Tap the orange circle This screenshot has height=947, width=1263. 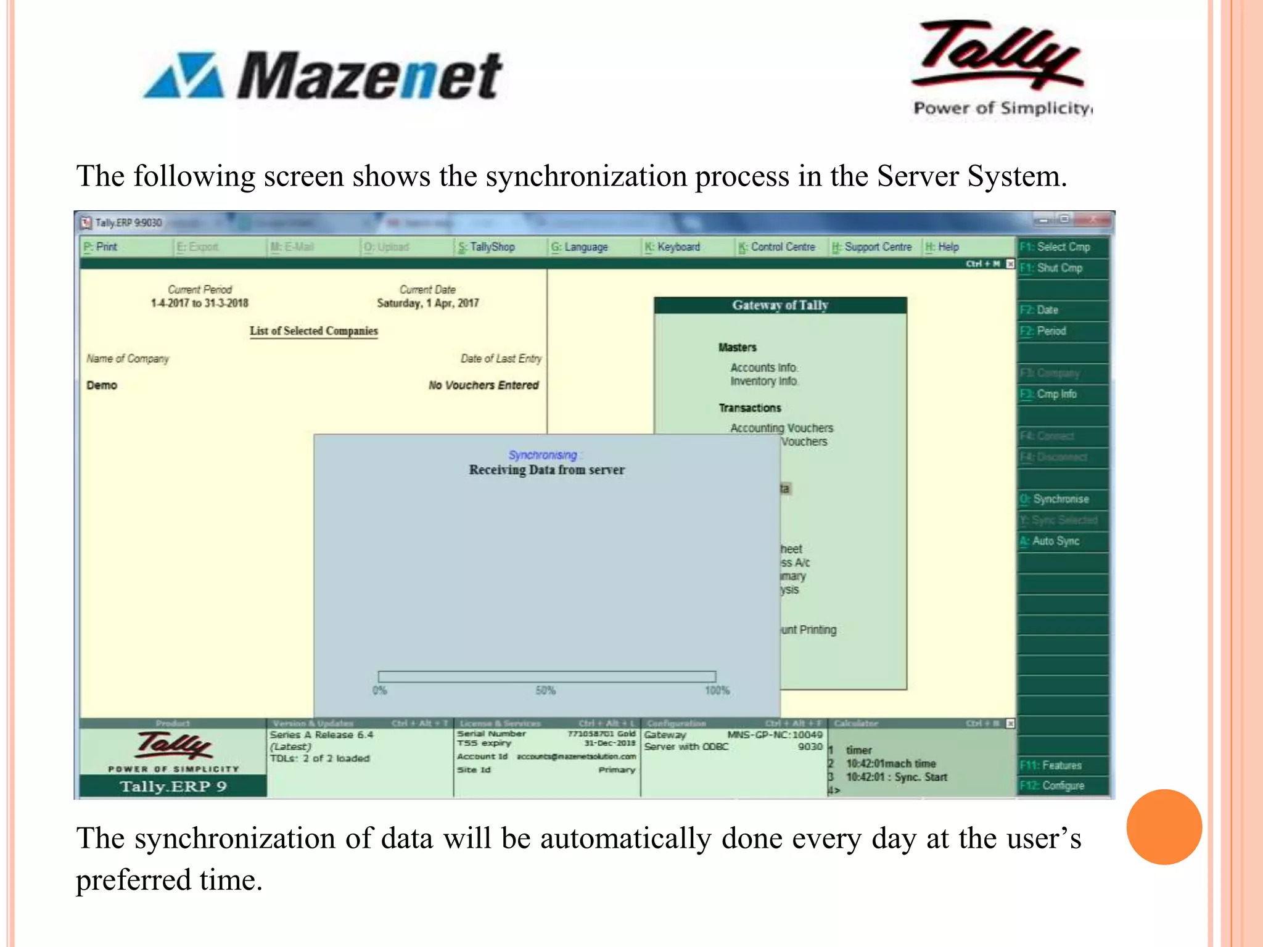tap(1164, 827)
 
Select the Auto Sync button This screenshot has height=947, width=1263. tap(1056, 541)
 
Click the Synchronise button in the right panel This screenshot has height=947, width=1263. tap(1061, 499)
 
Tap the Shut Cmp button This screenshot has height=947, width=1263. tap(1059, 268)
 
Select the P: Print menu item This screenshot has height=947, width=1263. tap(102, 247)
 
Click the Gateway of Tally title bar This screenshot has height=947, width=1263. tap(780, 305)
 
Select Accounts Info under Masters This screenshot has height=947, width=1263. tap(763, 368)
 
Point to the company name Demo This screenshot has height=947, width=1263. tap(102, 385)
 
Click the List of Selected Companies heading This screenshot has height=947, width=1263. tap(313, 331)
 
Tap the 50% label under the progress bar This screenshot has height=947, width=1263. tap(545, 691)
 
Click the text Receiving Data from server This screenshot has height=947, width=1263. tap(546, 470)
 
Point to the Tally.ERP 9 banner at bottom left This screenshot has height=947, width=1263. tap(173, 787)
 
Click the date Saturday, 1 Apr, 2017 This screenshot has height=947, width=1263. tap(427, 303)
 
